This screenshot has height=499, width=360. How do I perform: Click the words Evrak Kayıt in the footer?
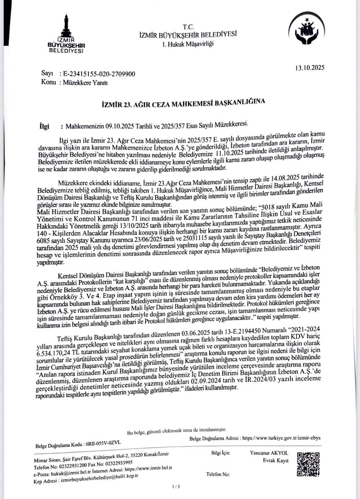(276, 461)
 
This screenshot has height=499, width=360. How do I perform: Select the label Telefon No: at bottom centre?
(218, 475)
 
